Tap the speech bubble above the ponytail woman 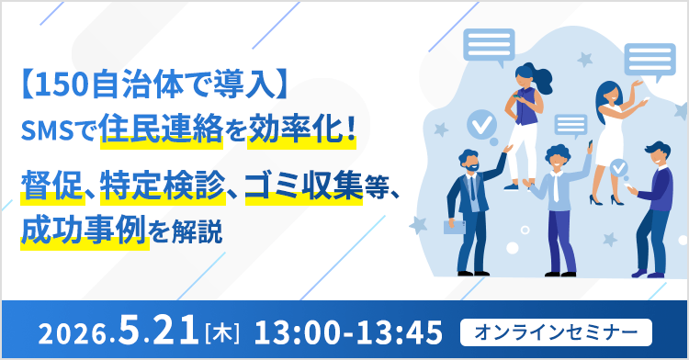[489, 44]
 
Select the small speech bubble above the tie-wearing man [570, 124]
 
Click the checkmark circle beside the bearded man [479, 121]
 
